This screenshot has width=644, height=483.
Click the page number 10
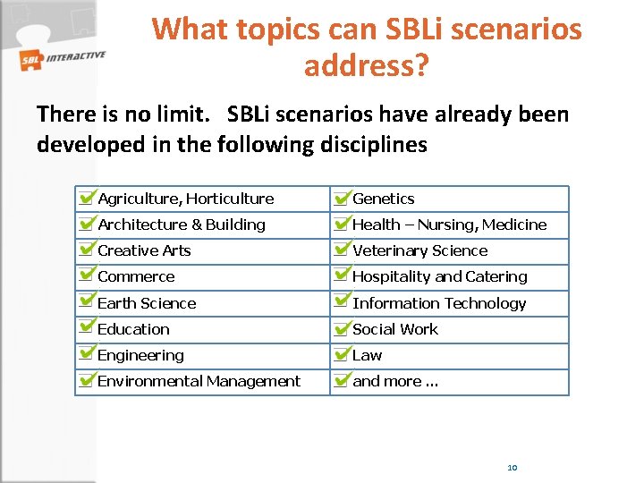tap(513, 468)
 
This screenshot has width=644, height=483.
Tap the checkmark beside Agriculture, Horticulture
tap(87, 197)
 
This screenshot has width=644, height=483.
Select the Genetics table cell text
tap(384, 199)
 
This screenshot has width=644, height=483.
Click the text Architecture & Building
tap(182, 225)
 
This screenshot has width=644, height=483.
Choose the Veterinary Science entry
tap(420, 250)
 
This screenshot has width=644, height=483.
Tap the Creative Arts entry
tap(144, 250)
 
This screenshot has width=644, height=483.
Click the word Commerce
tap(136, 276)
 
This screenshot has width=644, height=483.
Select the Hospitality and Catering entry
tap(440, 276)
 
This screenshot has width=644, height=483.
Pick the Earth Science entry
tap(147, 303)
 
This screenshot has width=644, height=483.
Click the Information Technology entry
tap(439, 303)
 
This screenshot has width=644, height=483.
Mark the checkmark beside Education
tap(87, 327)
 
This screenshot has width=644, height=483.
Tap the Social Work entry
tap(395, 329)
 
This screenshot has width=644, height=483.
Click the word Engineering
tap(140, 355)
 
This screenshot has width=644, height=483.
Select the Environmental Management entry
tap(199, 381)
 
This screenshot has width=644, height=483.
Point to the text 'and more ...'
tap(395, 381)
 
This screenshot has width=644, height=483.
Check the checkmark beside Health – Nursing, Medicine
tap(341, 223)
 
